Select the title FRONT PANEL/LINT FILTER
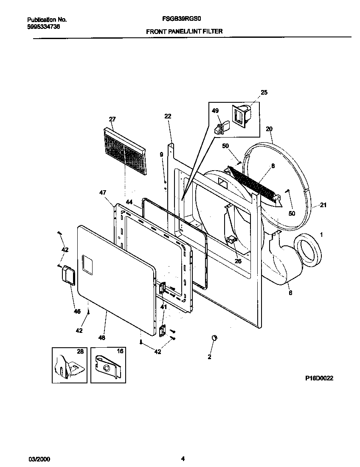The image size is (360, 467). pyautogui.click(x=184, y=31)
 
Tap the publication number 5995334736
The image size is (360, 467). pyautogui.click(x=43, y=26)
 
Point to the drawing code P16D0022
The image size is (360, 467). pyautogui.click(x=319, y=377)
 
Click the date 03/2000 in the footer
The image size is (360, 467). pyautogui.click(x=37, y=458)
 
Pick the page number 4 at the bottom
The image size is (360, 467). pyautogui.click(x=183, y=458)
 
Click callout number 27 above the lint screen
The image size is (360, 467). pyautogui.click(x=112, y=119)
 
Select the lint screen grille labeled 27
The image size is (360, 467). pyautogui.click(x=124, y=151)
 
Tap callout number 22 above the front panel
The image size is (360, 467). pyautogui.click(x=168, y=116)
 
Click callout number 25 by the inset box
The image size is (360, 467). pyautogui.click(x=264, y=92)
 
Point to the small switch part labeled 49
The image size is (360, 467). pyautogui.click(x=221, y=127)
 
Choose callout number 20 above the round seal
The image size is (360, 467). pyautogui.click(x=269, y=129)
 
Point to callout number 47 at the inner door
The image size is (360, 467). pyautogui.click(x=102, y=193)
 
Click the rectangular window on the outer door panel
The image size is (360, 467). pyautogui.click(x=87, y=263)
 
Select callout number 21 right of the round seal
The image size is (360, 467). pyautogui.click(x=323, y=205)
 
